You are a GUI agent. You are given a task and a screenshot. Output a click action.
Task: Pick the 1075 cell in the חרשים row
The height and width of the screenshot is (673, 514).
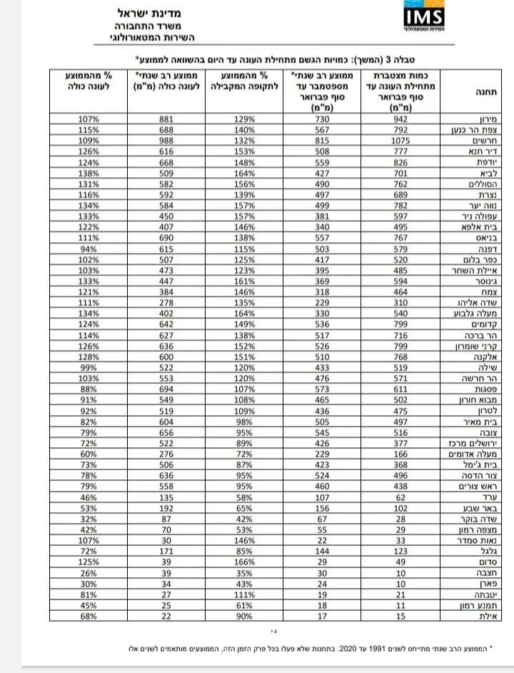395,141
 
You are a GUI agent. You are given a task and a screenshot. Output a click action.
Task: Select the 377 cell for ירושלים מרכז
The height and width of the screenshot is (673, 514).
395,444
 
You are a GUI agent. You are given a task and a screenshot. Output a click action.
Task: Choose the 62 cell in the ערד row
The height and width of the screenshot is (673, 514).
395,497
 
